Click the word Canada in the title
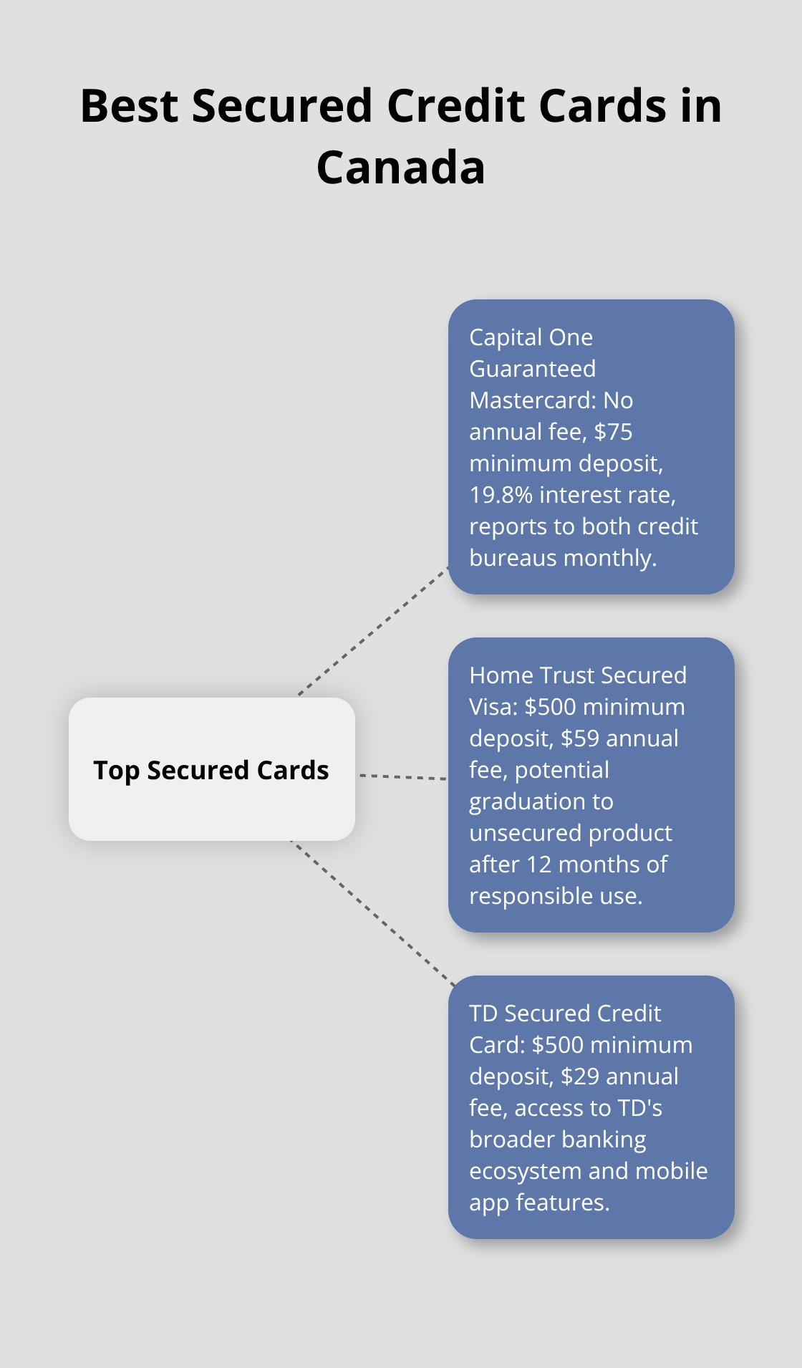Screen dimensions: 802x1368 pos(401,168)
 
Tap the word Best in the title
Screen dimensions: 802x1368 pos(130,106)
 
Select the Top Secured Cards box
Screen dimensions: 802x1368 pos(212,769)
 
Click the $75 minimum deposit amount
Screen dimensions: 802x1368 pos(614,432)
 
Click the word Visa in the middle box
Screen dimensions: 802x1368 pos(493,707)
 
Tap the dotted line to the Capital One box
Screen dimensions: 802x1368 pos(373,631)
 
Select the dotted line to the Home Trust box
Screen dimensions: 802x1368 pos(403,776)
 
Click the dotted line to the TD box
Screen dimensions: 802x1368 pos(372,914)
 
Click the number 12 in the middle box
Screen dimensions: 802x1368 pos(539,864)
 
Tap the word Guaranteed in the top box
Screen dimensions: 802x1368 pos(533,369)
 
